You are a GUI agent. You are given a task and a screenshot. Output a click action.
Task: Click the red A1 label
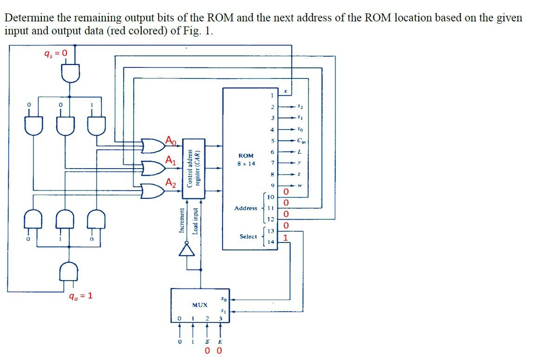pos(171,161)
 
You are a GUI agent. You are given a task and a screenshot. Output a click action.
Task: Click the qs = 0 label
pos(55,53)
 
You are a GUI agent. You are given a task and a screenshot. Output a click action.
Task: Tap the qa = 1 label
pos(80,295)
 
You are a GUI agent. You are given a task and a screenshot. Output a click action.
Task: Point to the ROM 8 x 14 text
pos(246,160)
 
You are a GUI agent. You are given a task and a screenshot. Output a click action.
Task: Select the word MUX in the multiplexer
pos(199,305)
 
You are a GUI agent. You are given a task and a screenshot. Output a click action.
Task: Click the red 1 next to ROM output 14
pos(286,237)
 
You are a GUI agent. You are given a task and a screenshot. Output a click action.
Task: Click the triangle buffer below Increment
pos(187,250)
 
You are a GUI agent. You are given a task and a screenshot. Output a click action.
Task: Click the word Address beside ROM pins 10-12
pos(246,208)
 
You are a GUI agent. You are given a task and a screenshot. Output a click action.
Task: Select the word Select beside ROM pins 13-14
pos(248,236)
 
